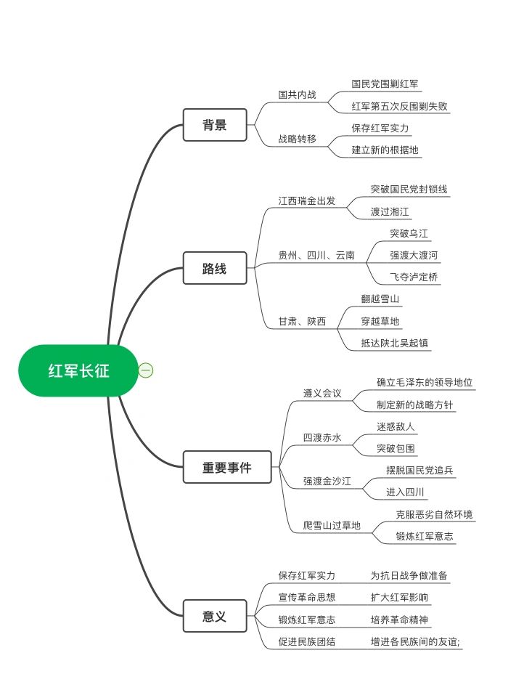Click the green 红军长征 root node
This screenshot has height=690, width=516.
78,370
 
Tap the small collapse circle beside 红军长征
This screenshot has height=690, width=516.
146,370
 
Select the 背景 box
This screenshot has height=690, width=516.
215,125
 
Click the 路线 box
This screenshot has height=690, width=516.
215,268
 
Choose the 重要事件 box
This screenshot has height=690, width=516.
227,467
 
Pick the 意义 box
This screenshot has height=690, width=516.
215,616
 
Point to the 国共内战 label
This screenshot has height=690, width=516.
297,94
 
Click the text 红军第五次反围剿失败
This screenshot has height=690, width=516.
400,106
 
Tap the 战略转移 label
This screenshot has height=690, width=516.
297,139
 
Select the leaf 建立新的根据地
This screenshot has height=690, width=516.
385,150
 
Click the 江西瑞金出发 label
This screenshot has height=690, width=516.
307,200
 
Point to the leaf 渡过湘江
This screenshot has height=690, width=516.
390,211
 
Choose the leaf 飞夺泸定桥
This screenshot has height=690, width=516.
414,277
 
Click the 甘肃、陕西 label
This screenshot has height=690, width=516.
302,321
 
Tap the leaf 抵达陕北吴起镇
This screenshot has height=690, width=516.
395,344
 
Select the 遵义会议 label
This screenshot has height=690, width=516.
322,393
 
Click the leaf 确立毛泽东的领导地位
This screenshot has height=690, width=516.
425,382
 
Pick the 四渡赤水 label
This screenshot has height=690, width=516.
322,437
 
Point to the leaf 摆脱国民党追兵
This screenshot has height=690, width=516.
419,470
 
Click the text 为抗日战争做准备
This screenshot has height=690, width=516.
409,575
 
